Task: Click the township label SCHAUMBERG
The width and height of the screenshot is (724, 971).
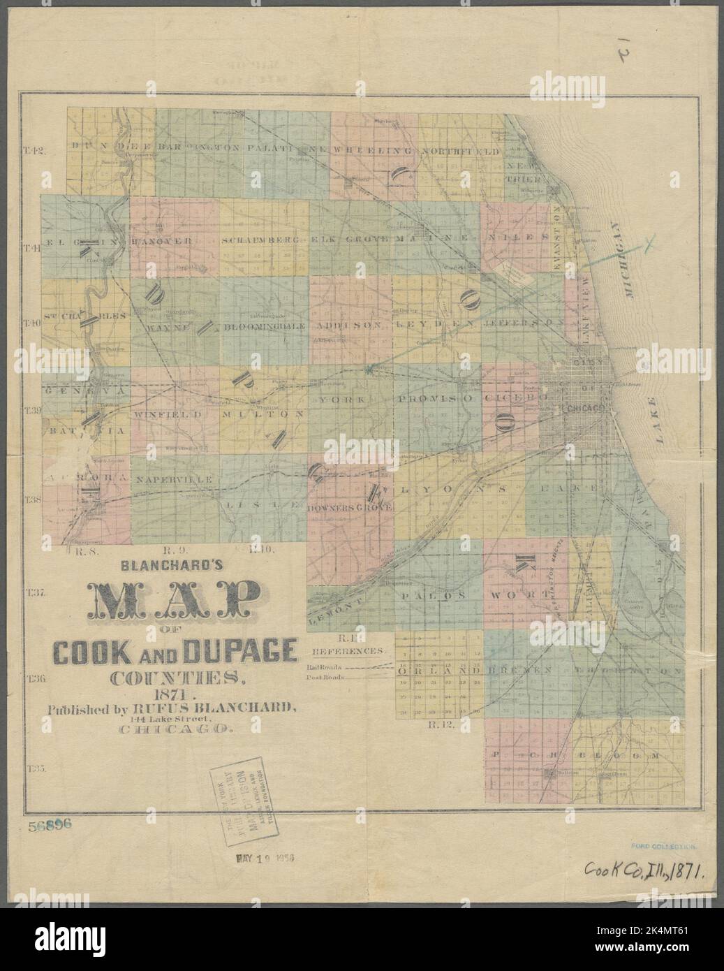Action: (x=261, y=239)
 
